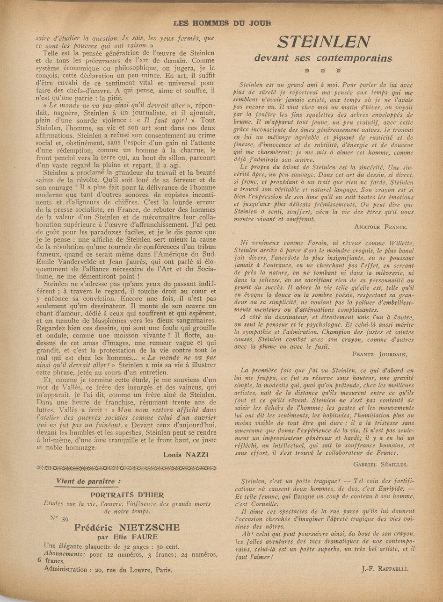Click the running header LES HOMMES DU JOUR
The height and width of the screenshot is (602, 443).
pyautogui.click(x=222, y=23)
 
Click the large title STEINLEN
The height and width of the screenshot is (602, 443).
pyautogui.click(x=323, y=43)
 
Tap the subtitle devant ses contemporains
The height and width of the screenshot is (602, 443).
pyautogui.click(x=323, y=58)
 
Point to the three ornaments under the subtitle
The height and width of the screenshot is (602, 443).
pyautogui.click(x=323, y=71)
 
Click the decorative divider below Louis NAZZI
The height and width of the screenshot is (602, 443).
pyautogui.click(x=126, y=467)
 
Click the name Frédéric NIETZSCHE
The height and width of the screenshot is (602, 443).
pyautogui.click(x=126, y=527)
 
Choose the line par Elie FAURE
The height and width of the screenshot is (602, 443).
pyautogui.click(x=126, y=537)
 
